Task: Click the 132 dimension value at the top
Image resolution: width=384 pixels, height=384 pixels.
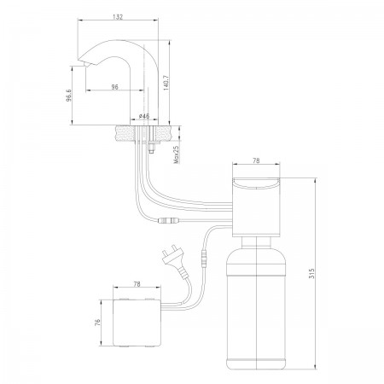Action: [118, 17]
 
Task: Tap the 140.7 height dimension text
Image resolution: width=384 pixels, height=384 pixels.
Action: [166, 83]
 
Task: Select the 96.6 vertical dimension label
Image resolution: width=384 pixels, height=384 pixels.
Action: [68, 95]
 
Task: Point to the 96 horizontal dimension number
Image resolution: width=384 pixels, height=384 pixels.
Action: [114, 87]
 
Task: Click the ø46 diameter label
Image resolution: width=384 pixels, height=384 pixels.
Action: [144, 116]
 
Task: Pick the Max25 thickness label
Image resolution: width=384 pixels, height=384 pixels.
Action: [177, 154]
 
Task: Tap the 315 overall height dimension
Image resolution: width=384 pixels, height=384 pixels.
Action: [311, 273]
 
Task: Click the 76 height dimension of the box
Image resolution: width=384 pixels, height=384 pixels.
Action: [97, 323]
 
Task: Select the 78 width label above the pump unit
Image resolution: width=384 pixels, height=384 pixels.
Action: [256, 160]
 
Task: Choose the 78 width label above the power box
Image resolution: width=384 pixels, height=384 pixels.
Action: [137, 284]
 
